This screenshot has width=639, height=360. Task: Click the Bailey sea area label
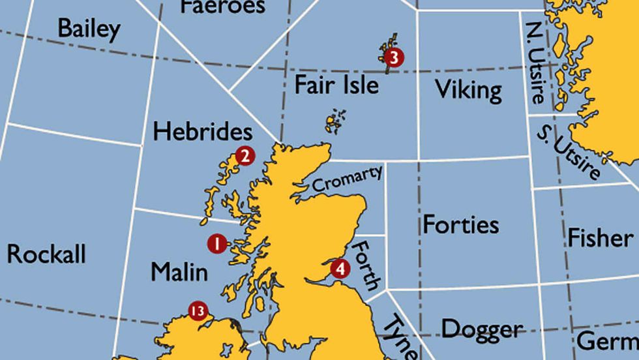89,29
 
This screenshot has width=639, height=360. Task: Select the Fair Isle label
336,85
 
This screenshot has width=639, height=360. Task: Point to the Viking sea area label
468,89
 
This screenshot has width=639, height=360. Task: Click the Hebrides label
202,131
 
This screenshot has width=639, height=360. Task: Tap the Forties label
461,225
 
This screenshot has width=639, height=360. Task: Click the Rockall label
46,254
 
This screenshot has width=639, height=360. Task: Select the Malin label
179,271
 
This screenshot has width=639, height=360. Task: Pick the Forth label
366,265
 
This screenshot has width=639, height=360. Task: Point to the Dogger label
482,329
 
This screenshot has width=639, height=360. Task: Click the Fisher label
600,237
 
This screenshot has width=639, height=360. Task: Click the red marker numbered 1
216,244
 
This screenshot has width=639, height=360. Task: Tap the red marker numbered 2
245,156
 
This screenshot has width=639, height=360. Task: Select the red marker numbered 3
393,57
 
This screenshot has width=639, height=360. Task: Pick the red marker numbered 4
340,268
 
